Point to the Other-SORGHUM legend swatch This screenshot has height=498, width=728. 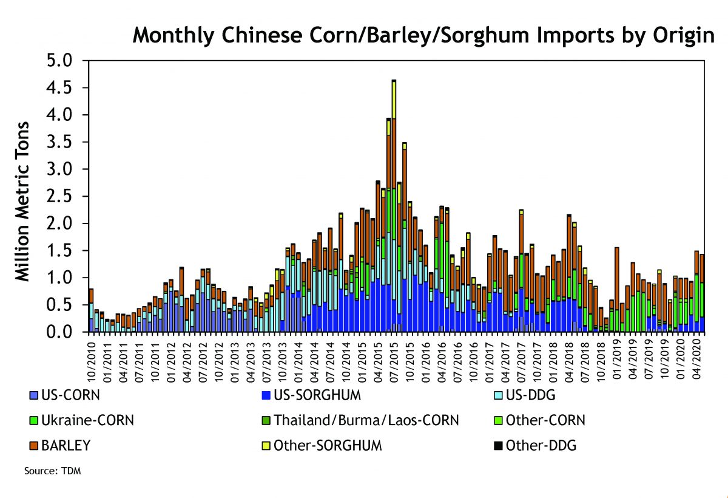pos(266,446)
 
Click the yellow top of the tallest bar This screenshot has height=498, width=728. pos(394,100)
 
